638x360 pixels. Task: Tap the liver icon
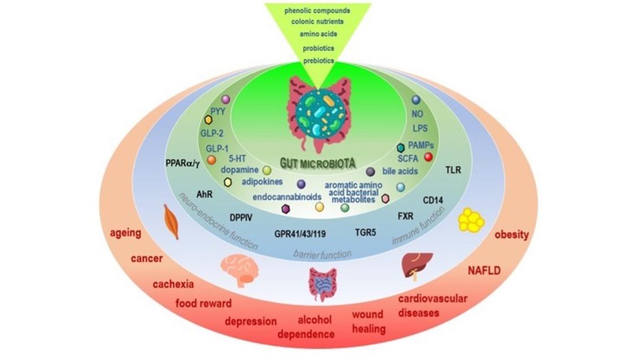(416, 265)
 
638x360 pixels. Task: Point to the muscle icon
(171, 221)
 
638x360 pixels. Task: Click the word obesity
(512, 234)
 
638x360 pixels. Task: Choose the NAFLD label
(484, 270)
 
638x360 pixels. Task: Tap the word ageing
(125, 232)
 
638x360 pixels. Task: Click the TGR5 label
(365, 232)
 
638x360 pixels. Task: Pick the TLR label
(453, 169)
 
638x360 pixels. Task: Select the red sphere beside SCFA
(429, 156)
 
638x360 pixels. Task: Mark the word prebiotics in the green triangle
(318, 60)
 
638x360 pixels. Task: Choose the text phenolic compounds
(318, 10)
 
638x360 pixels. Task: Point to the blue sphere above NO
(416, 100)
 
